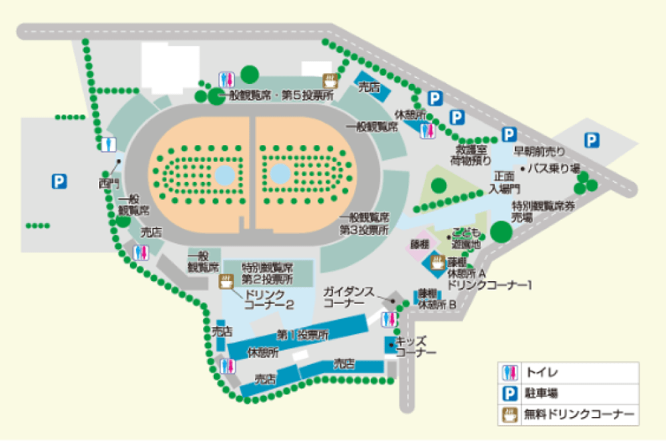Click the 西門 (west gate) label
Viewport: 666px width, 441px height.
[107, 181]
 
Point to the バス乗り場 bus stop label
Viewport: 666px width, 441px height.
[553, 168]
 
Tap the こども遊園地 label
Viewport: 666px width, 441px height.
[466, 238]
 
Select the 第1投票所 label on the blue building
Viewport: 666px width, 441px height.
[303, 334]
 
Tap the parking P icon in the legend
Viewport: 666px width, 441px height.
[511, 393]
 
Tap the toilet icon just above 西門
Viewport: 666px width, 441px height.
[109, 144]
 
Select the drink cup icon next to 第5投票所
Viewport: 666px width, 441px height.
[330, 81]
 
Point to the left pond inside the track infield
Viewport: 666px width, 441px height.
[224, 175]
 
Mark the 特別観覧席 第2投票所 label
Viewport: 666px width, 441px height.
[266, 272]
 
